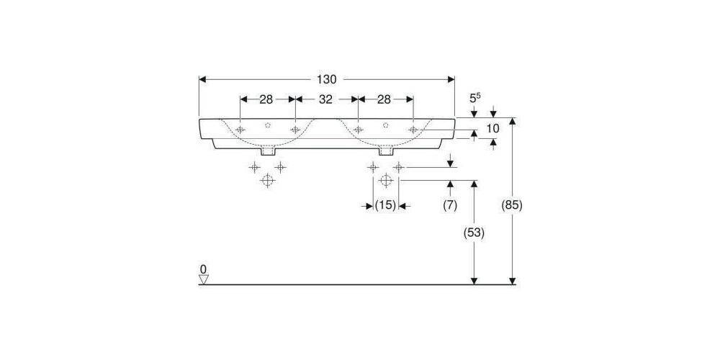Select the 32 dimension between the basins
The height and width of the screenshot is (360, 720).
click(326, 99)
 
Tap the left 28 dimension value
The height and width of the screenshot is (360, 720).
click(266, 99)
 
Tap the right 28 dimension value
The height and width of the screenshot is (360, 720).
click(385, 99)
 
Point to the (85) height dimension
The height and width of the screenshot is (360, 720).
click(511, 205)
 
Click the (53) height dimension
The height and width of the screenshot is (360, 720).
click(473, 233)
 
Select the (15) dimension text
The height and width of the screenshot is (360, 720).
click(385, 205)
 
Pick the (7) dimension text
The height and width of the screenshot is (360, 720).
click(450, 205)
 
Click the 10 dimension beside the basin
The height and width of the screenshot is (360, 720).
click(493, 128)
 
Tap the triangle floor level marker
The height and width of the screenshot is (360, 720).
click(203, 278)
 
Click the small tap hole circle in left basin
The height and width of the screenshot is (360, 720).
click(268, 125)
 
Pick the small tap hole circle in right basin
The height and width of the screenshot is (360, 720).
click(386, 125)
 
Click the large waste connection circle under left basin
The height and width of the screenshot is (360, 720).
click(267, 180)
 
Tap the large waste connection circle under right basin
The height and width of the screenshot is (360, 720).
click(385, 180)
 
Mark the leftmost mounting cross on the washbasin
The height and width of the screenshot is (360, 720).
click(240, 130)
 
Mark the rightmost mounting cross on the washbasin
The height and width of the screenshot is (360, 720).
click(413, 130)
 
